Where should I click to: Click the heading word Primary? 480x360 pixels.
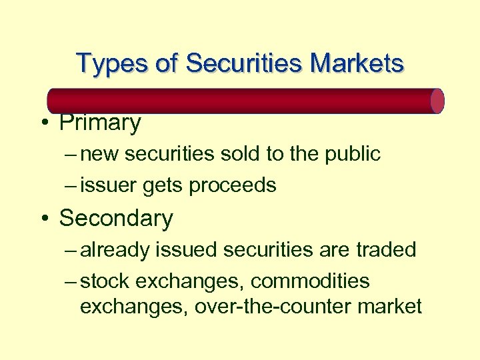[100, 123]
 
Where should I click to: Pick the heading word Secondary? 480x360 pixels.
[116, 218]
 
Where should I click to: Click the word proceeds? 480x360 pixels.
[233, 185]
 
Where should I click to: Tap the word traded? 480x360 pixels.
[386, 250]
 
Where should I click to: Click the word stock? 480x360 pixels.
[105, 281]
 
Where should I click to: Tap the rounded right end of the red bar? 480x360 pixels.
[437, 101]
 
